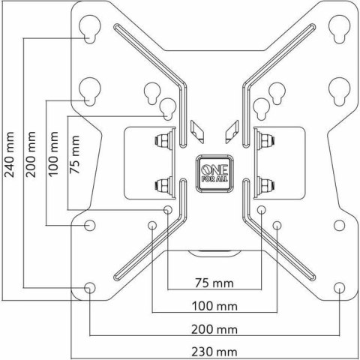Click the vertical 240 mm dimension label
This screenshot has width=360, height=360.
coord(9,154)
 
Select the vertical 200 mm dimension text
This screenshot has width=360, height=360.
coord(30,154)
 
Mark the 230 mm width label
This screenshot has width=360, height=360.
coord(214,351)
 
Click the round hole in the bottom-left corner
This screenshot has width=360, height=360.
coord(90,287)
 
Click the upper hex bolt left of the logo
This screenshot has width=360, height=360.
coord(163,140)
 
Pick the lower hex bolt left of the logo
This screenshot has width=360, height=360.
coord(163,183)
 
